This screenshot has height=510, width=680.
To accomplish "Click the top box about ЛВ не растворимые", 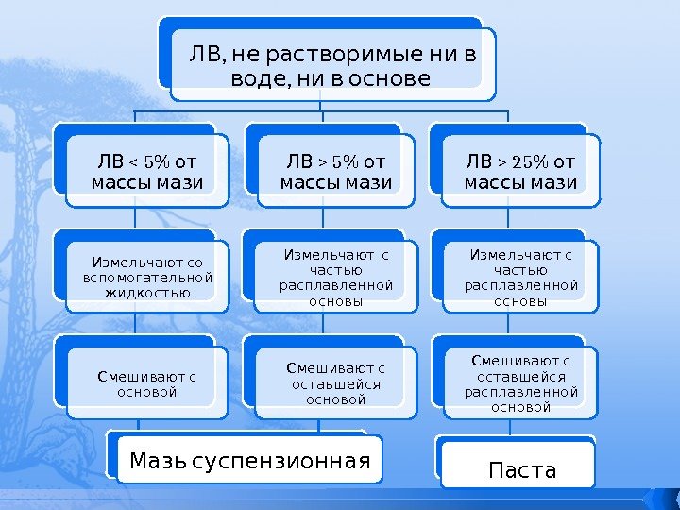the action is coord(332,62).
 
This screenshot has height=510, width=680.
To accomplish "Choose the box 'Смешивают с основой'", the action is coord(146,383).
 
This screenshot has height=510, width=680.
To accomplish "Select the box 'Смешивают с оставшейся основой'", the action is coord(336,382).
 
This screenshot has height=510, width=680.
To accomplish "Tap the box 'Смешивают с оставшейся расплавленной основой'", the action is coord(520,383).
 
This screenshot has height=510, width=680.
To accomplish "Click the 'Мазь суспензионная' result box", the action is coord(249,461).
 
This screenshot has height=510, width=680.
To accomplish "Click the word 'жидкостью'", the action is coord(146,292).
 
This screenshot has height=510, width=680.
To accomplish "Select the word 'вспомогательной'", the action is coord(146,277).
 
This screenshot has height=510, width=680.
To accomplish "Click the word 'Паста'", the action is coord(520,470).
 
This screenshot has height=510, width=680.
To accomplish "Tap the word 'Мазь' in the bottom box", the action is coord(157,462).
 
